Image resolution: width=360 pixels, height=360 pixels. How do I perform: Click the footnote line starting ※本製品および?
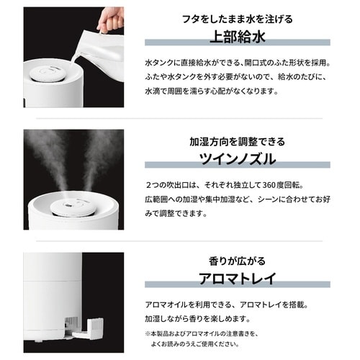(223, 333)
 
